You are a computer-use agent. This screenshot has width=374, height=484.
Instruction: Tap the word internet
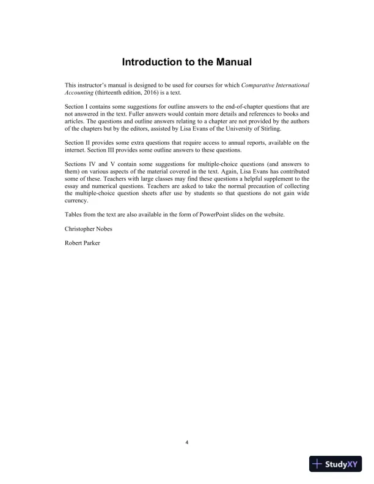(x=74, y=150)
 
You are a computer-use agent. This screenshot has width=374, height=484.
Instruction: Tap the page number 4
(x=187, y=442)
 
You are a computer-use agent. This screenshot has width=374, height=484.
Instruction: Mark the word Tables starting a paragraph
(x=73, y=214)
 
